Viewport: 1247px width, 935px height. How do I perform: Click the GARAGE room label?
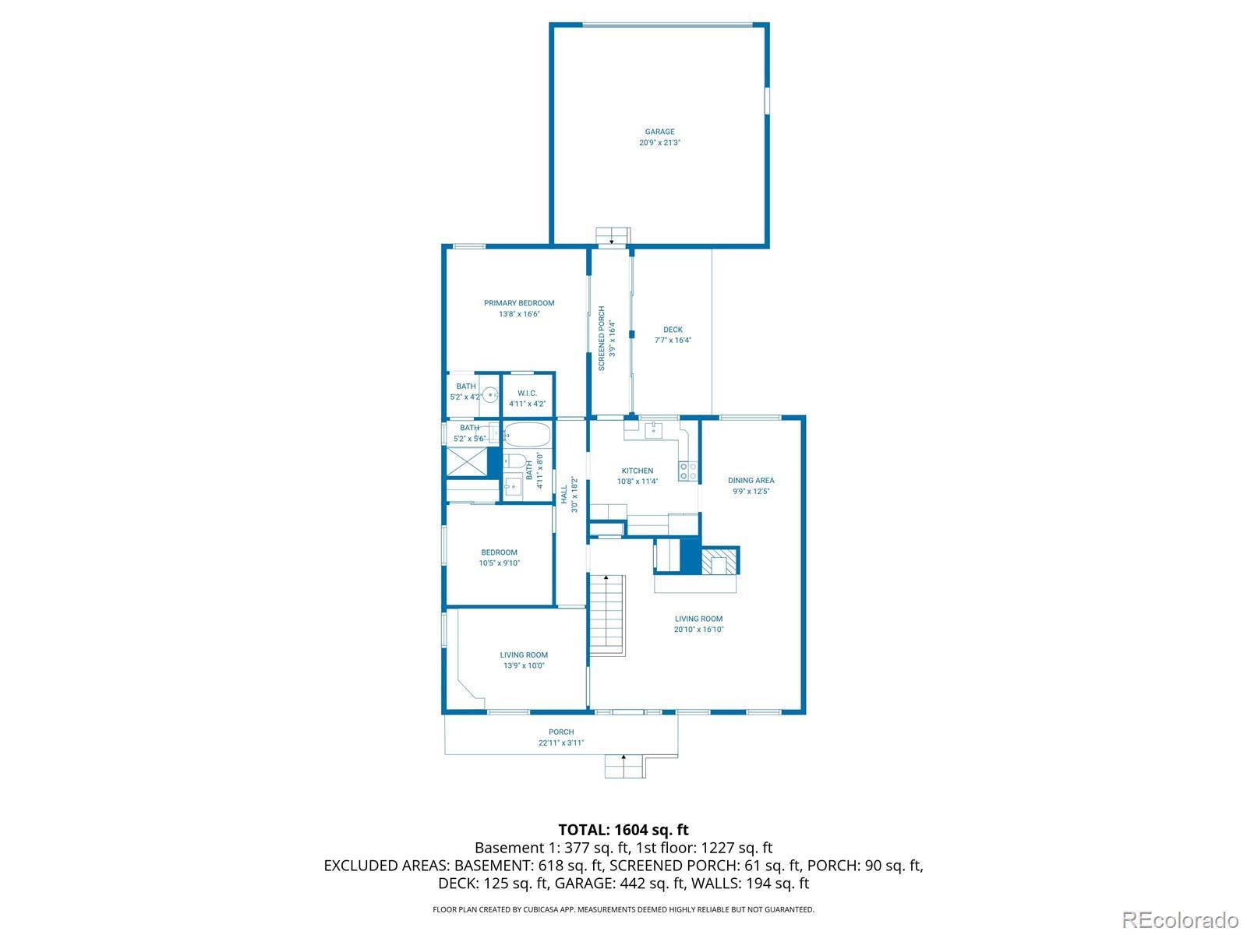tap(659, 132)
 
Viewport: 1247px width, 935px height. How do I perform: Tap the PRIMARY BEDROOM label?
tap(519, 303)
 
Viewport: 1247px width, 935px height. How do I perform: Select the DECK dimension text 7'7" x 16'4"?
tap(673, 340)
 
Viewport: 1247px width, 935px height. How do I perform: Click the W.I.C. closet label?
tap(527, 393)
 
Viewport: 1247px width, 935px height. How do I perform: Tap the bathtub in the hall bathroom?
tap(527, 434)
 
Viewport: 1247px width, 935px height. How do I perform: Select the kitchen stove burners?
tap(688, 471)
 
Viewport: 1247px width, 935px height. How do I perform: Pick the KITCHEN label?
tap(638, 471)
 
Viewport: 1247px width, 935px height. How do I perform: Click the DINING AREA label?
tap(751, 480)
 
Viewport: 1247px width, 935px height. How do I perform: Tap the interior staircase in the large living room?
tap(607, 616)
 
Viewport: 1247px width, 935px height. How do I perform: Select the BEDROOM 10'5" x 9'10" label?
tap(499, 557)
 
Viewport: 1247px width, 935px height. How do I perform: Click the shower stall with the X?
tap(467, 461)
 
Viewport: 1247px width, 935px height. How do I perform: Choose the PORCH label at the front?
tap(561, 732)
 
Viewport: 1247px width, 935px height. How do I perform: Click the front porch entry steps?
tap(624, 766)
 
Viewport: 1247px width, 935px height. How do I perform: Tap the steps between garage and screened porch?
tap(613, 236)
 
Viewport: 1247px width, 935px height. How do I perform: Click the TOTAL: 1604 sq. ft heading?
tap(623, 830)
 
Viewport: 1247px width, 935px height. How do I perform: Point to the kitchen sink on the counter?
tap(654, 429)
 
